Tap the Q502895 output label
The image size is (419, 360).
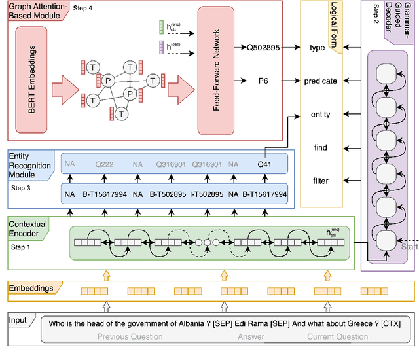(264, 48)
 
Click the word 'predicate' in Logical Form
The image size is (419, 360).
(321, 81)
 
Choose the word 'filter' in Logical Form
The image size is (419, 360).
(321, 181)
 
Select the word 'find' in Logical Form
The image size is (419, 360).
(321, 148)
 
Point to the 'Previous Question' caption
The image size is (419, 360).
(130, 337)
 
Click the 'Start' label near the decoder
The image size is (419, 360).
(407, 247)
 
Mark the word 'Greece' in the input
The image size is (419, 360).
(360, 323)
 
